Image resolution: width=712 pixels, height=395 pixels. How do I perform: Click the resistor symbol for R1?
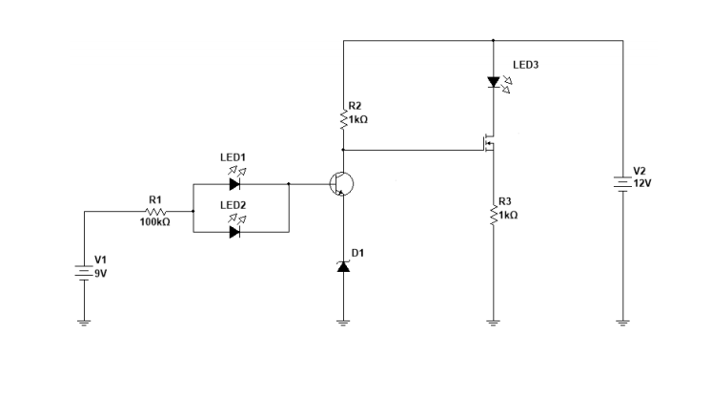click(x=156, y=211)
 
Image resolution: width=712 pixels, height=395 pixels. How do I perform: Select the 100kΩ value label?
click(x=154, y=222)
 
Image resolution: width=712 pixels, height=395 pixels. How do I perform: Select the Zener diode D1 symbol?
click(x=343, y=267)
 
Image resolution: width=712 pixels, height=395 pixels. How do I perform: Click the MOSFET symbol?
click(x=488, y=146)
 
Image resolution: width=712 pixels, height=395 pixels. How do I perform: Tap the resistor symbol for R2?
click(x=343, y=119)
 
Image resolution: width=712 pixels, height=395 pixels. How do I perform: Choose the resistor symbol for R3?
click(x=493, y=216)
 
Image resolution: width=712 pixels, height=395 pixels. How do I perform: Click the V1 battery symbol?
click(x=85, y=269)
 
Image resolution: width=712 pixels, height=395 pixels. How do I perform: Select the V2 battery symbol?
click(x=621, y=181)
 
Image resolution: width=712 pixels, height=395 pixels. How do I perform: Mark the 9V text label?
click(x=101, y=272)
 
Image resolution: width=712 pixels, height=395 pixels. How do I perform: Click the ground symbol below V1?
click(x=85, y=322)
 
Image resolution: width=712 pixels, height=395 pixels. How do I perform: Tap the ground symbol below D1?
click(x=343, y=322)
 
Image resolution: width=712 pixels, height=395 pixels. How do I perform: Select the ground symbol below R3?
click(x=493, y=322)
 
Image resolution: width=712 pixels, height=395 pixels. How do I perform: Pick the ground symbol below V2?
click(x=621, y=322)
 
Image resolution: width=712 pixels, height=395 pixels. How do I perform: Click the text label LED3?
click(x=526, y=66)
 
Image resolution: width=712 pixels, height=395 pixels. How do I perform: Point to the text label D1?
click(x=357, y=252)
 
